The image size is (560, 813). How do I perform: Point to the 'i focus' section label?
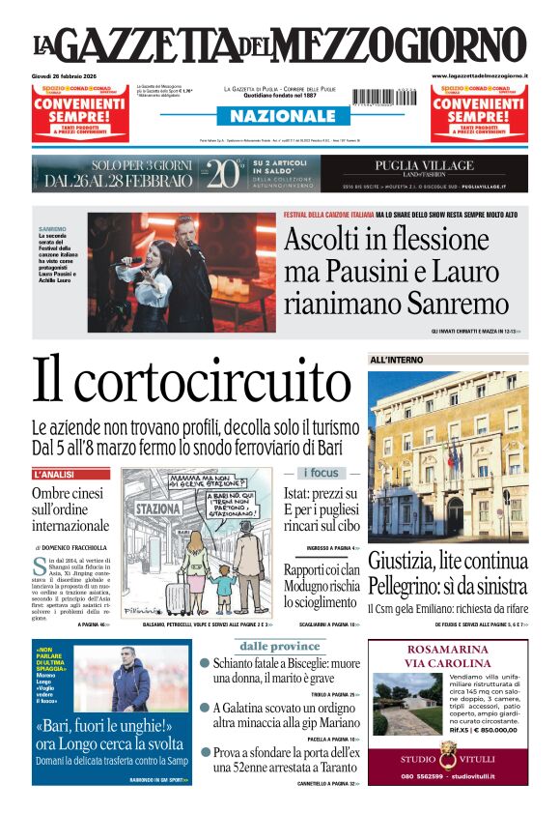(322, 473)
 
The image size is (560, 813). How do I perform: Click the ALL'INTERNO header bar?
(396, 360)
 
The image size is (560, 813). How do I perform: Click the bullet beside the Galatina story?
(205, 708)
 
